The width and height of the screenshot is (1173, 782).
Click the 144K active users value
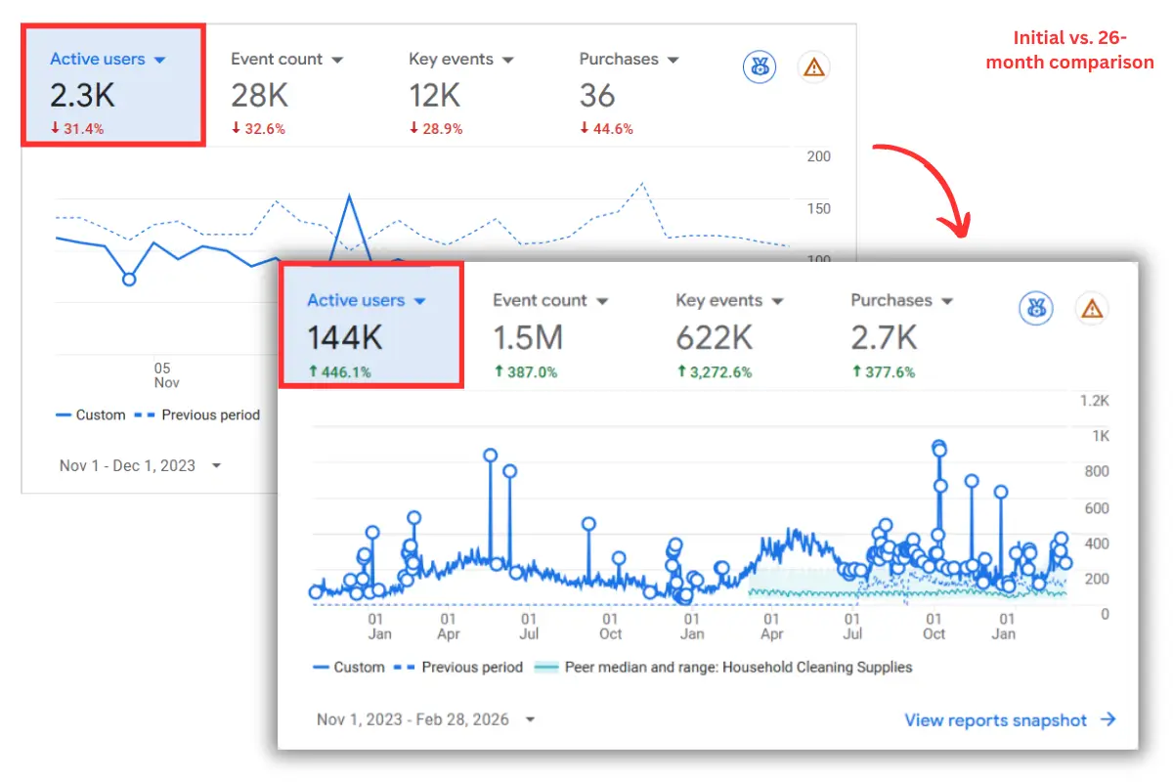(345, 337)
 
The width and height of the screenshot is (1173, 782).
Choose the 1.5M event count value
(528, 337)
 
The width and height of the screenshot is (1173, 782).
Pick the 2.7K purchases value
(884, 337)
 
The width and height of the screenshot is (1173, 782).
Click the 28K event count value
(259, 95)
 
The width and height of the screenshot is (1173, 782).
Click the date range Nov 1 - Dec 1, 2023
(128, 465)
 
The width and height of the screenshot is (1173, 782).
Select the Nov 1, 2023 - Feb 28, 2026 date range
(413, 719)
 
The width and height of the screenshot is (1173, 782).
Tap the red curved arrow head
(960, 228)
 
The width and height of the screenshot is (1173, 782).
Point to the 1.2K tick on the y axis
(1093, 400)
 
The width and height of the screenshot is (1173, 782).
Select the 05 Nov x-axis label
(162, 375)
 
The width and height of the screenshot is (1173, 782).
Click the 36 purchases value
(597, 95)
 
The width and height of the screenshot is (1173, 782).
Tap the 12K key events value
(435, 95)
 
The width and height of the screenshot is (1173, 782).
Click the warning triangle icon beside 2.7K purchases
(1092, 309)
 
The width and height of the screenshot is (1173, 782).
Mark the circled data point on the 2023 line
(129, 279)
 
